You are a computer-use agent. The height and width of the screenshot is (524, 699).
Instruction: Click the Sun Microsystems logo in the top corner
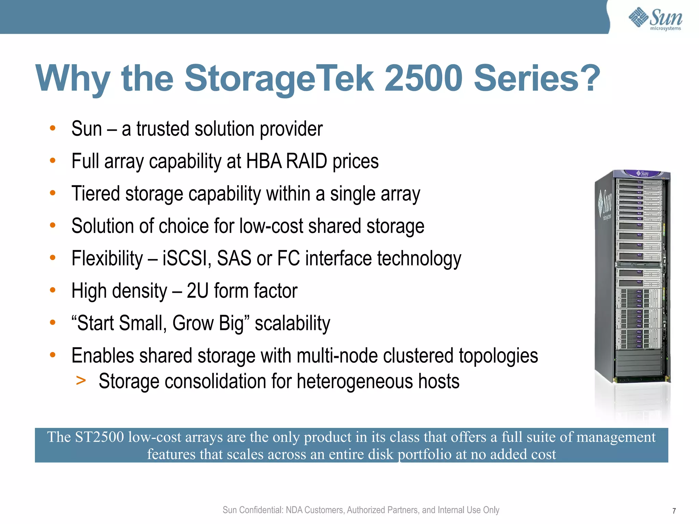click(655, 19)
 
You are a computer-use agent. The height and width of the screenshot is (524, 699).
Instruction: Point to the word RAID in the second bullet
click(306, 161)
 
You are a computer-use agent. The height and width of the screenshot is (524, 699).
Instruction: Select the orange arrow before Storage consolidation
click(81, 380)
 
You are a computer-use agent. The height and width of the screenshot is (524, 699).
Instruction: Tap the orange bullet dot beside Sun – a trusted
click(53, 128)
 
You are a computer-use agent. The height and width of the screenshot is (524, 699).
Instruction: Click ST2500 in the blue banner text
click(99, 437)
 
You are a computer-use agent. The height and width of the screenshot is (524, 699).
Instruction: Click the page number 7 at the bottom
click(674, 511)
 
